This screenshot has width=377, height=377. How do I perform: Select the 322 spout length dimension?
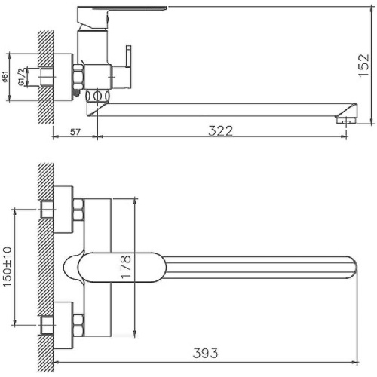pyautogui.click(x=220, y=130)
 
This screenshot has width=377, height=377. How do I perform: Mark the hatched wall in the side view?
pyautogui.click(x=44, y=75)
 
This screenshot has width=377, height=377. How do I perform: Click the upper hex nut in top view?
pyautogui.click(x=77, y=210)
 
